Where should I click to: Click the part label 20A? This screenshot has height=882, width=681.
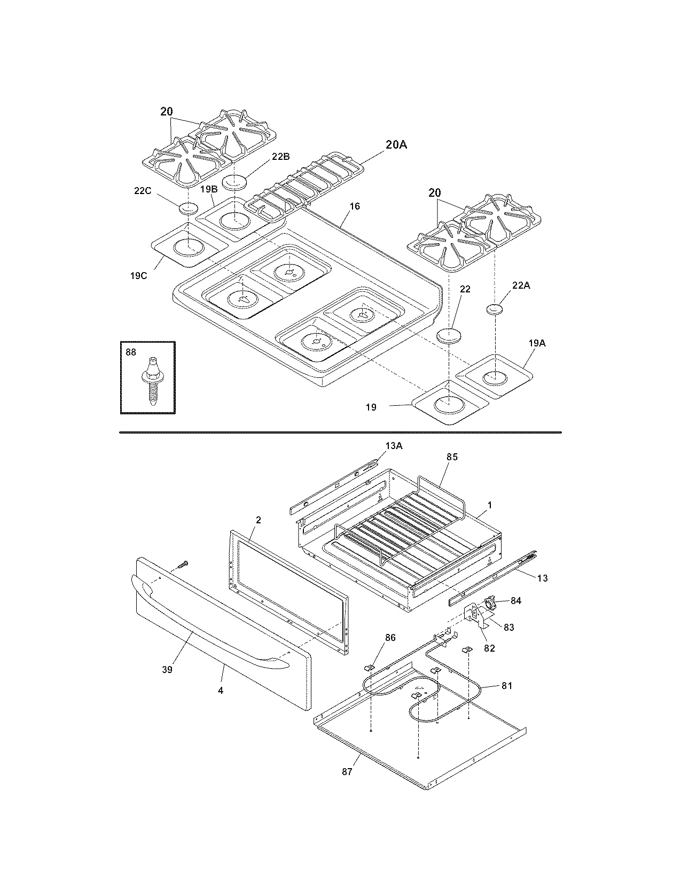pos(396,144)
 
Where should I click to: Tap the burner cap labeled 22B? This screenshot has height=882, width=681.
pos(235,182)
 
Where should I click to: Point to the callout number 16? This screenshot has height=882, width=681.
pos(355,206)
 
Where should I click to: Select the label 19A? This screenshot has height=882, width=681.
pos(537,344)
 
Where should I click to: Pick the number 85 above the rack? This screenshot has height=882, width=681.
pos(452,457)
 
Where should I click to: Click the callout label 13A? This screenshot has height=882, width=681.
pos(394,446)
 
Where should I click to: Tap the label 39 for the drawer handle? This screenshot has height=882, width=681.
pos(167,669)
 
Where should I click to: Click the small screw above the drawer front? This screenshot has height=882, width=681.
pos(183,563)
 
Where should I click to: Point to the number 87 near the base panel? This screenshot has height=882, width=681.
pos(347,772)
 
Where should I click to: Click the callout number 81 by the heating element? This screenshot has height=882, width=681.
pos(506,685)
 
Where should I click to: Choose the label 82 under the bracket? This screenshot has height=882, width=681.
pos(489,648)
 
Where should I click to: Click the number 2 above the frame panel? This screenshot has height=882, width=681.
pos(258,520)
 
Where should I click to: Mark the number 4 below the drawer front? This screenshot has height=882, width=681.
pos(220,691)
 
